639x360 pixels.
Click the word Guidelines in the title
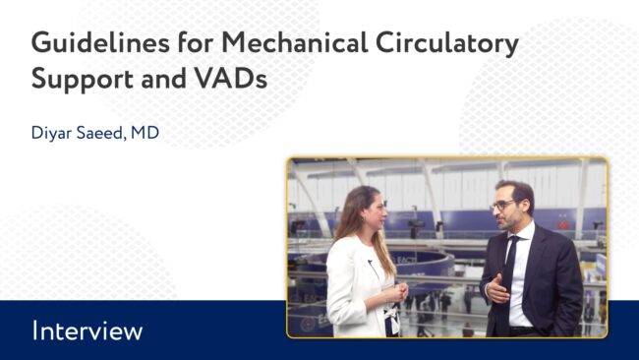(100, 43)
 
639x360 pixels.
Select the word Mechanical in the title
(295, 43)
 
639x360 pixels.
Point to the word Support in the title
(83, 80)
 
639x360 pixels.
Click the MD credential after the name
(145, 133)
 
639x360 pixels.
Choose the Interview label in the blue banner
(87, 330)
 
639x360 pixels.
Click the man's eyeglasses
(503, 205)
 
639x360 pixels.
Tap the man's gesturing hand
(497, 288)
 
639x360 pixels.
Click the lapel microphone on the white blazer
(370, 262)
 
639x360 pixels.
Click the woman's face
(375, 212)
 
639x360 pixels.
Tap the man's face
(508, 209)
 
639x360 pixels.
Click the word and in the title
(163, 79)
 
